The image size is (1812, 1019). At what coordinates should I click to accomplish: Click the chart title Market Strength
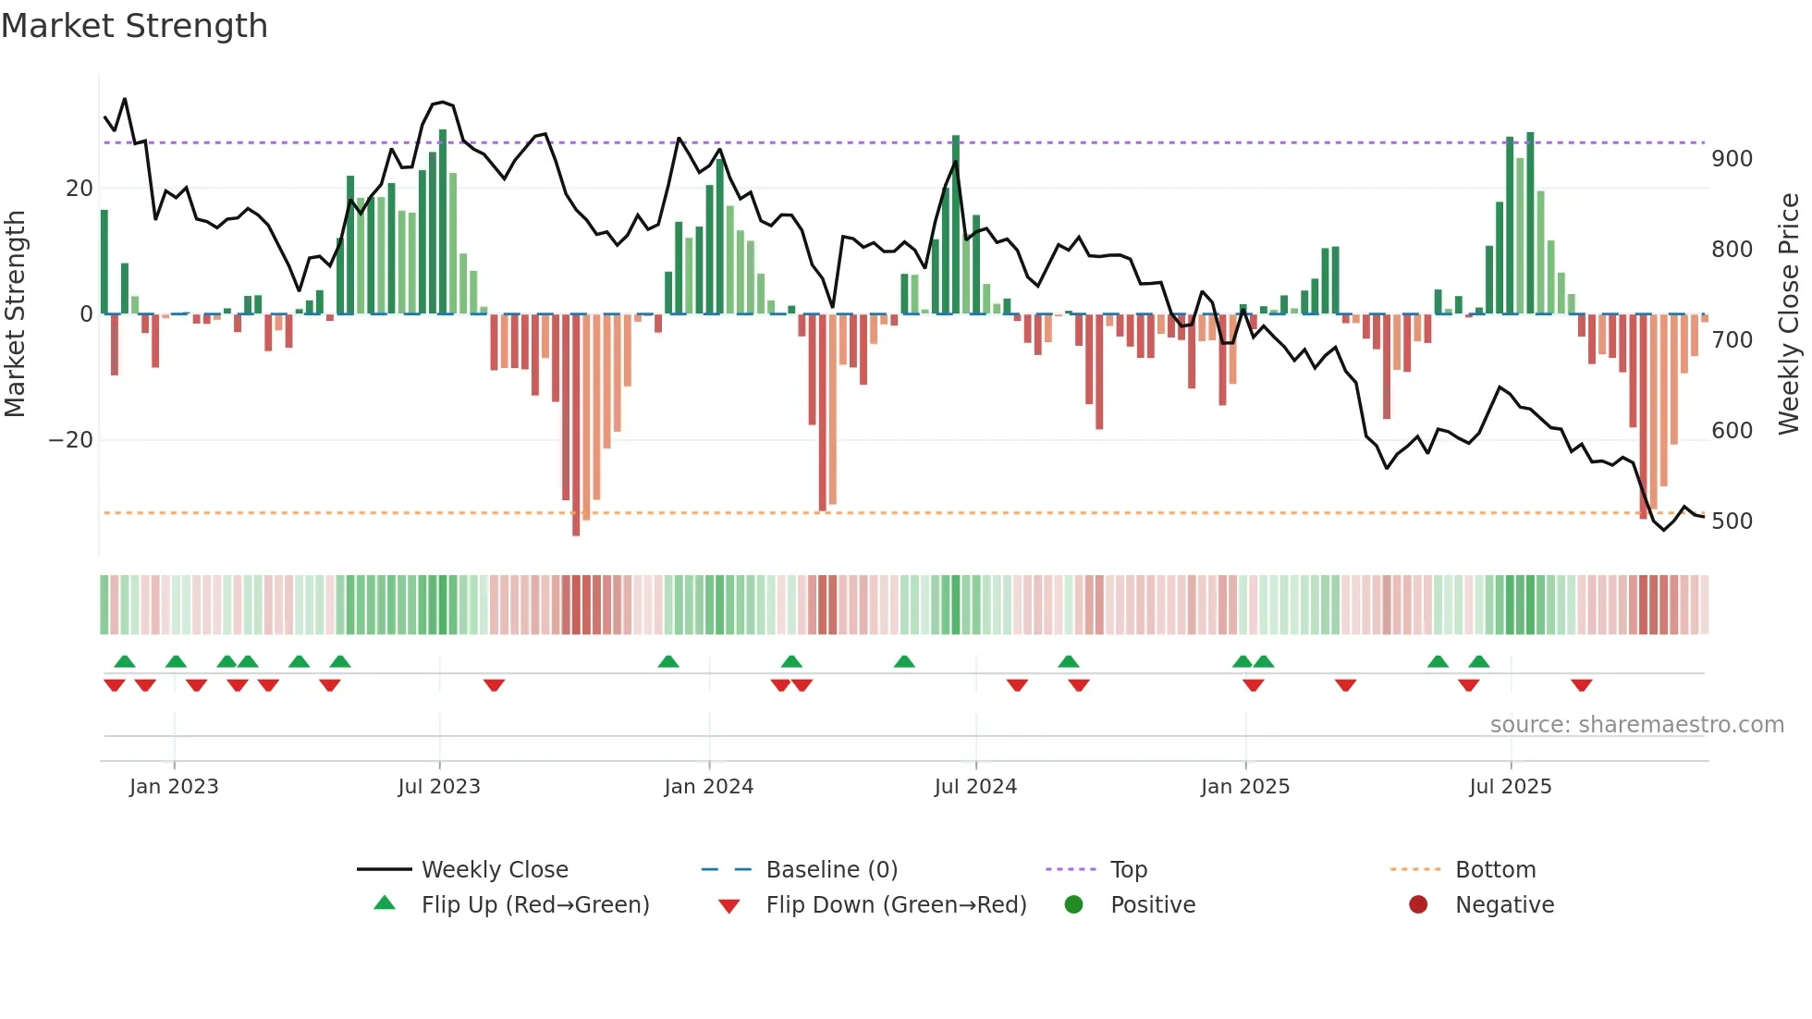coord(134,26)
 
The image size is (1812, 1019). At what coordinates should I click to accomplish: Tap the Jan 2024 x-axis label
coord(708,787)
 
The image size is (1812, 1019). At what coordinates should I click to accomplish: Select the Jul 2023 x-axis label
coord(439,787)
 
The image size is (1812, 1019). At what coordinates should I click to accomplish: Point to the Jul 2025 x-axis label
coord(1510,787)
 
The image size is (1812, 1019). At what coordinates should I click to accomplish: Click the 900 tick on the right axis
coord(1731,159)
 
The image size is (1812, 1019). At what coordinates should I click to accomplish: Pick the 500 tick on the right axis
coord(1731,522)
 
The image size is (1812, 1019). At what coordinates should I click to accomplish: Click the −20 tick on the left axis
coord(70,440)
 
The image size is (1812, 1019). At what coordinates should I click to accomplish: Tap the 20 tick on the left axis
coord(79,189)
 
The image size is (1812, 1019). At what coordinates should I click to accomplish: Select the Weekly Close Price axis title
coord(1789,314)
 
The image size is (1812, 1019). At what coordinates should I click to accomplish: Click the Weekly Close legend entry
coord(494,870)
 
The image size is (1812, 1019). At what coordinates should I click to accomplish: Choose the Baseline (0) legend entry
coord(831,870)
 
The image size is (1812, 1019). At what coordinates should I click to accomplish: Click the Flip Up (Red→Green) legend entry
coord(534,905)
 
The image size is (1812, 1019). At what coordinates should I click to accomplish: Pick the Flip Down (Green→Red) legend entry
coord(895,905)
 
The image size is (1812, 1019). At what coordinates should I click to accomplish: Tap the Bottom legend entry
coord(1494,870)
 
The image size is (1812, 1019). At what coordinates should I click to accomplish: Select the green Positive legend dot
coord(1073,905)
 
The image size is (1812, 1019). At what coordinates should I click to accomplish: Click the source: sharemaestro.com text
coord(1636,725)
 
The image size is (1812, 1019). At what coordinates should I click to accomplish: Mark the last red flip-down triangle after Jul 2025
coord(1581,685)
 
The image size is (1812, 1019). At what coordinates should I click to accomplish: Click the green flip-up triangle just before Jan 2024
coord(668,661)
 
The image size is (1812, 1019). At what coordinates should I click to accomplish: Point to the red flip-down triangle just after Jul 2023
coord(494,685)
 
